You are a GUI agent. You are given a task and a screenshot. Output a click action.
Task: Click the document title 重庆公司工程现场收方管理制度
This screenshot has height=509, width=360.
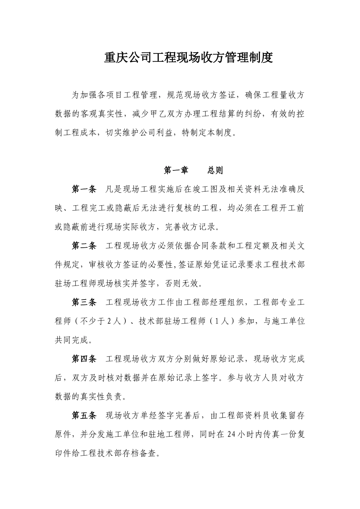[x=188, y=58]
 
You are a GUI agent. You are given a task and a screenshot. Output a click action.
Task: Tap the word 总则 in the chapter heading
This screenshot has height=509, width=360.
[x=215, y=170]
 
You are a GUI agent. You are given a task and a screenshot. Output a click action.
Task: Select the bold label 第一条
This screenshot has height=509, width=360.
[x=85, y=189]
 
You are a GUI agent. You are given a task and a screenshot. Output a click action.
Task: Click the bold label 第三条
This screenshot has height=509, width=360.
[x=85, y=302]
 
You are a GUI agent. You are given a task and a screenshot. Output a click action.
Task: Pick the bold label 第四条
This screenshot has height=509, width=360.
[x=85, y=359]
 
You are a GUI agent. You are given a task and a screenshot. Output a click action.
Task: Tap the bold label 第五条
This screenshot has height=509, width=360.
[x=85, y=415]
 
